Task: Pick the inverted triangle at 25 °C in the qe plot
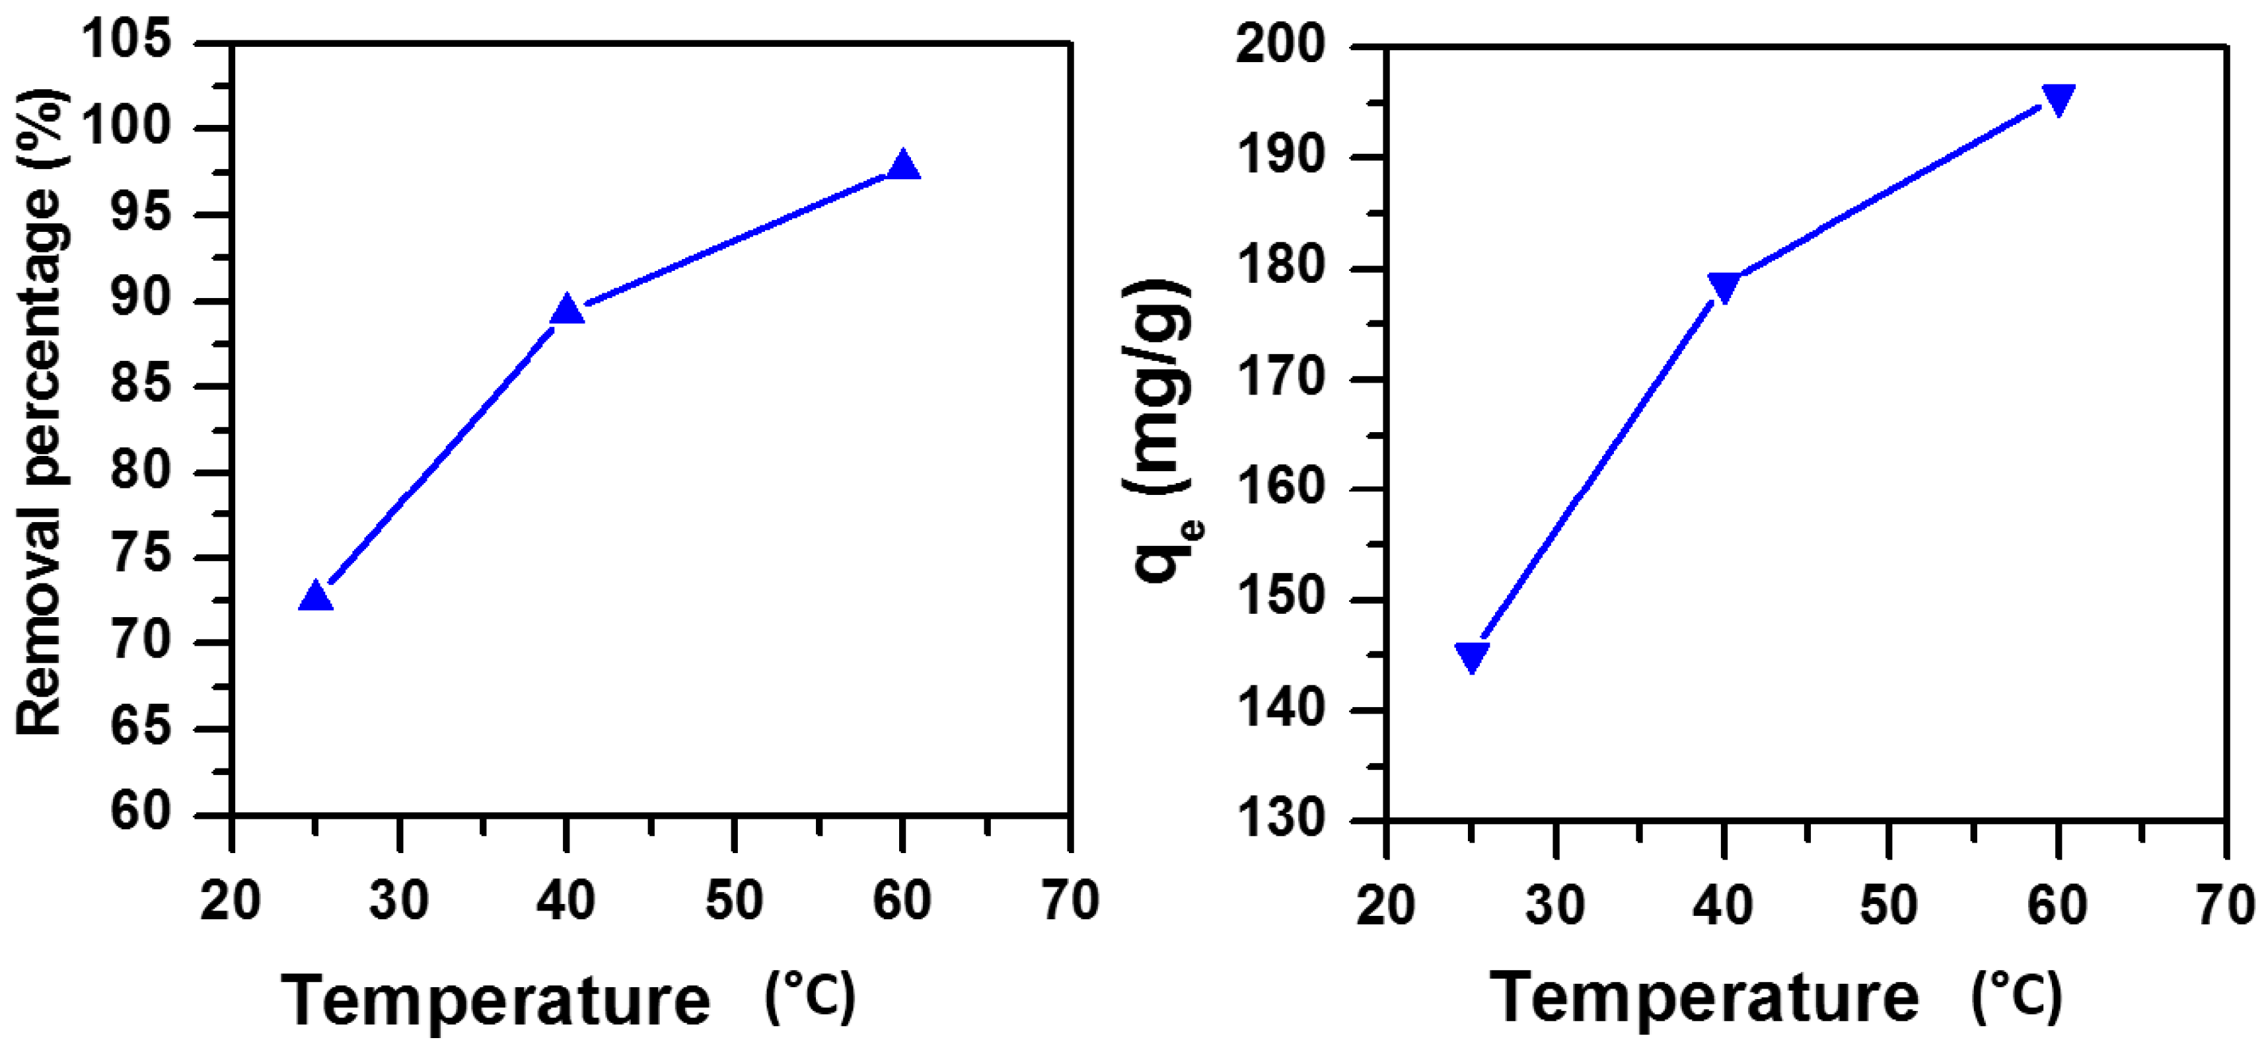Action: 1472,655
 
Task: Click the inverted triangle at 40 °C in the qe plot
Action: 1723,286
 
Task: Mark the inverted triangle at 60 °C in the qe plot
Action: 2059,98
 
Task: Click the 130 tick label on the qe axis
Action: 1280,818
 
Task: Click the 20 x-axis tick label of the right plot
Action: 1385,904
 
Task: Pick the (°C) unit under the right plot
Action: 2017,998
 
